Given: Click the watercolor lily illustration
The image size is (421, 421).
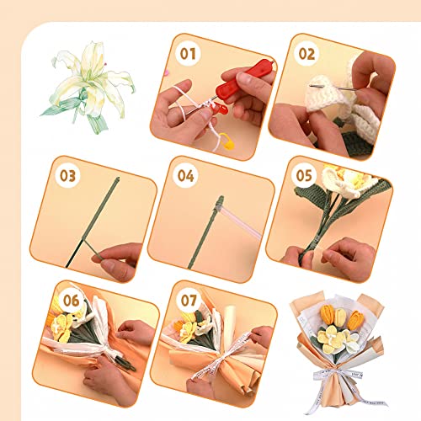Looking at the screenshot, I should [88, 84].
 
